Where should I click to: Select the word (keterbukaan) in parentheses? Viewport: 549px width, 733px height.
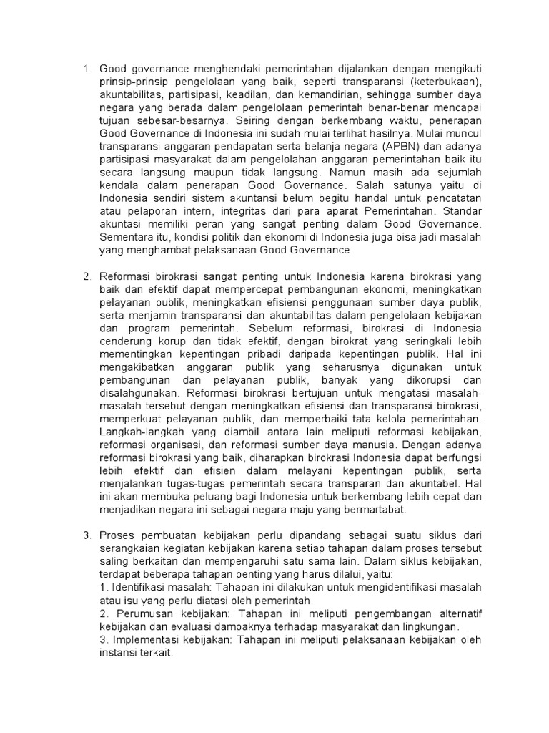446,82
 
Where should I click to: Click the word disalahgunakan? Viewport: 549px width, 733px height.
139,392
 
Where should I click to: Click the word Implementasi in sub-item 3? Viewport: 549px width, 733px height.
143,639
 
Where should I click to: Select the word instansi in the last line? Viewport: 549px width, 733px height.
117,651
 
